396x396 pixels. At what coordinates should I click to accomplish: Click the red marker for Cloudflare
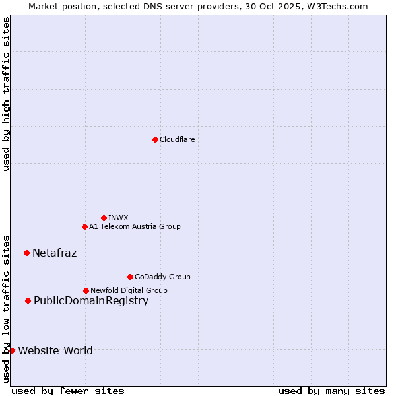[x=155, y=139]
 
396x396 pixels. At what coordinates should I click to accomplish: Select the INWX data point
[x=104, y=218]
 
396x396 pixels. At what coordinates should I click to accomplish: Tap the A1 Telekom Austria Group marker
[x=84, y=226]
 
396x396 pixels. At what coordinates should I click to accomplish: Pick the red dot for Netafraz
[x=26, y=253]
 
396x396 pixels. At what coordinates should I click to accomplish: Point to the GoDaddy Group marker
[x=130, y=277]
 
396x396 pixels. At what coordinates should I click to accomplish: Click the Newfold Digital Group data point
[x=86, y=290]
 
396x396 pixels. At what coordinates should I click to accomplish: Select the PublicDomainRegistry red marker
[x=28, y=301]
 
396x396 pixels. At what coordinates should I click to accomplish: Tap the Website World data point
[x=12, y=350]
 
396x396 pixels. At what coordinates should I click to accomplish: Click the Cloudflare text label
[x=178, y=139]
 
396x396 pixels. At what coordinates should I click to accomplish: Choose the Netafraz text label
[x=55, y=253]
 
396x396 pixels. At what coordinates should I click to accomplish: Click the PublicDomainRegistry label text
[x=91, y=301]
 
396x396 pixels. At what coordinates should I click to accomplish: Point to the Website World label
[x=55, y=350]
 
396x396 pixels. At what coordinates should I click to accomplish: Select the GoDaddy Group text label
[x=162, y=277]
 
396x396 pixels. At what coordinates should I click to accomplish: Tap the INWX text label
[x=118, y=218]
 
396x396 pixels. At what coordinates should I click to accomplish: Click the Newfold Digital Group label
[x=129, y=290]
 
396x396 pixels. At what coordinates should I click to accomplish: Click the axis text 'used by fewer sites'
[x=68, y=391]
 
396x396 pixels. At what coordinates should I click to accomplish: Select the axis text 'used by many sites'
[x=331, y=391]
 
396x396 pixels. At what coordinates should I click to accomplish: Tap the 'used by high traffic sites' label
[x=7, y=94]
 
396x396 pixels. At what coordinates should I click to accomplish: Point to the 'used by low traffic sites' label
[x=7, y=308]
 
